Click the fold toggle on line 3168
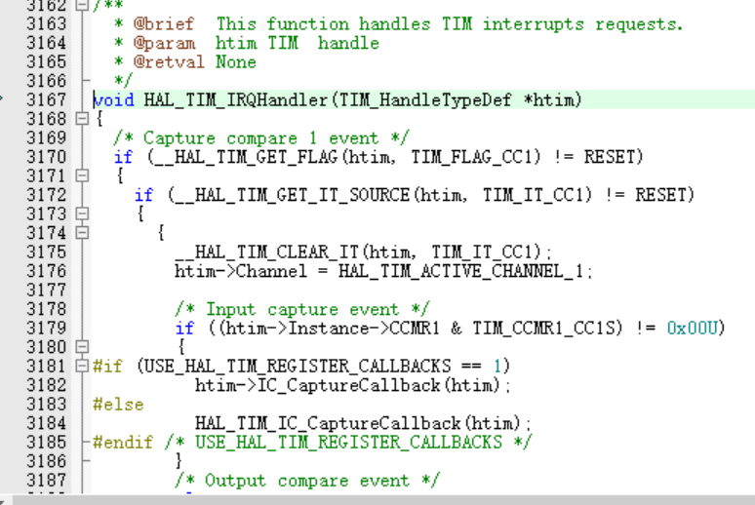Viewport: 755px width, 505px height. (x=82, y=119)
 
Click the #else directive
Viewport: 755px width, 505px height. (x=118, y=405)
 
